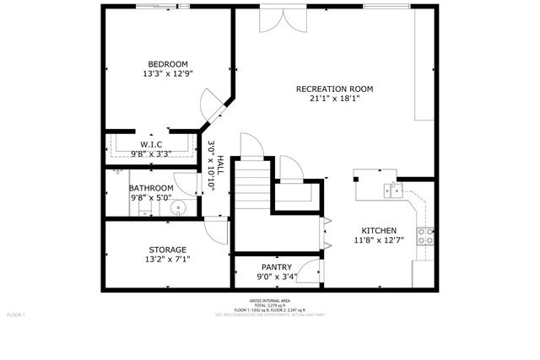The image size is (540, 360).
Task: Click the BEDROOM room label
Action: [168, 64]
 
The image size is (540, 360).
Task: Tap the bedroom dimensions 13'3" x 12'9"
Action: [168, 73]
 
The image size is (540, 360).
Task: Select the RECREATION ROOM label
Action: [334, 89]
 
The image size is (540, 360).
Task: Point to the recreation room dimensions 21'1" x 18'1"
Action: [334, 98]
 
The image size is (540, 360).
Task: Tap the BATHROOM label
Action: [152, 188]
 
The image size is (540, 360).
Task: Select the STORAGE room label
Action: [167, 250]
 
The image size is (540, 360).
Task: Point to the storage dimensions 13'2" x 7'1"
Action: [167, 260]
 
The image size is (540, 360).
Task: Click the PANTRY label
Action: [276, 266]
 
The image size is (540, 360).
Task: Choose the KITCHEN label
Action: [379, 230]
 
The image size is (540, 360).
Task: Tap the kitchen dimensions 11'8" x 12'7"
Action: [379, 240]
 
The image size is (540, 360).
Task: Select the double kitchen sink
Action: [391, 188]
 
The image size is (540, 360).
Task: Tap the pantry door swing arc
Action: [310, 271]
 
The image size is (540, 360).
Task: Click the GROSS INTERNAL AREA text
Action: [269, 301]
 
